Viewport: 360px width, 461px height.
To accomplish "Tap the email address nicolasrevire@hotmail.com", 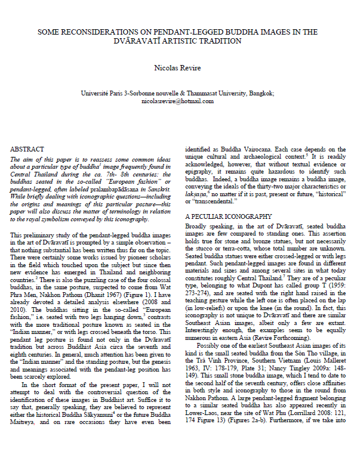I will [x=180, y=101].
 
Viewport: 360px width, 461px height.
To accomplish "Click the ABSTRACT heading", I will [x=29, y=148].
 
